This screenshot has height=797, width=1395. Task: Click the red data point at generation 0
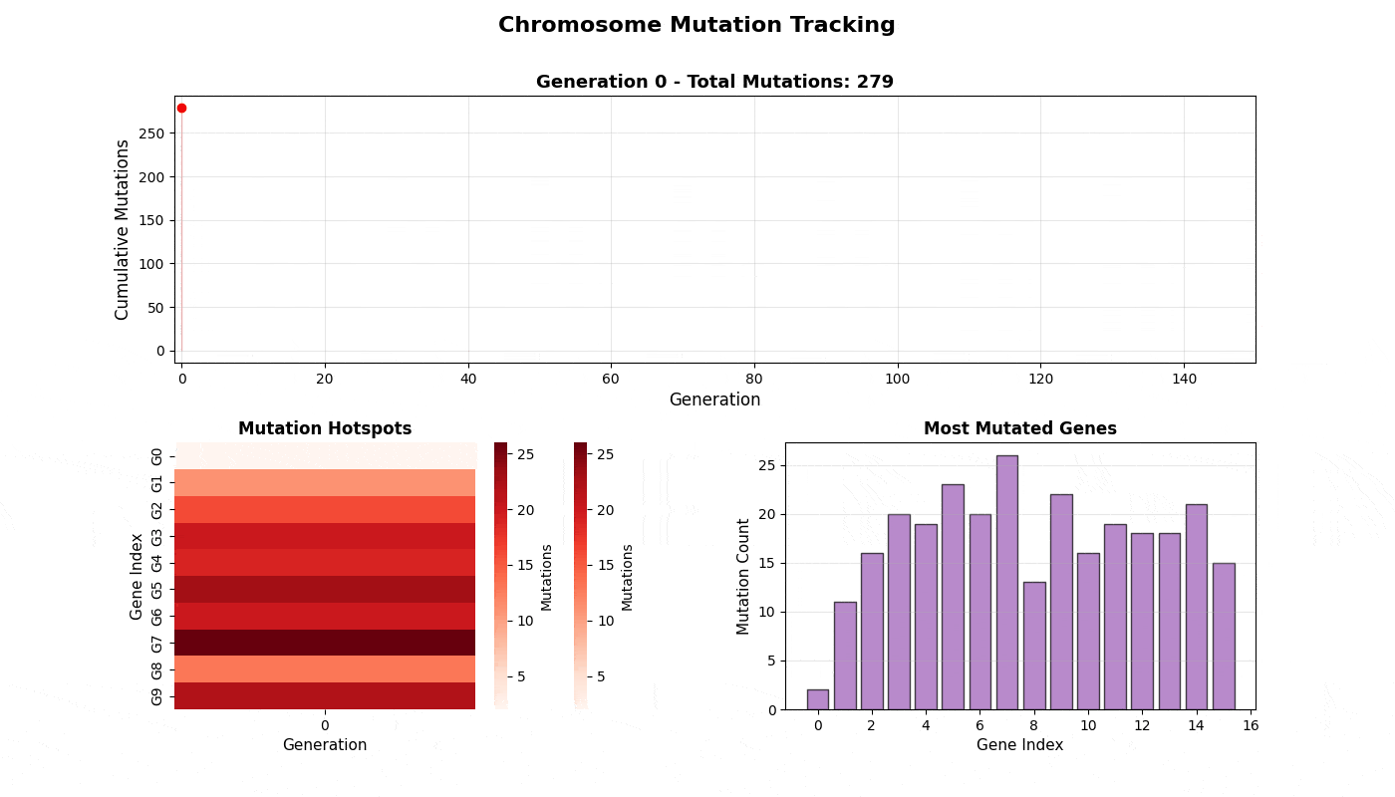click(x=181, y=109)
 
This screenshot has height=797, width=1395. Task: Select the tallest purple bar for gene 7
click(x=1007, y=582)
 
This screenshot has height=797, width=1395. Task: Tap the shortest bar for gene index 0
click(x=818, y=699)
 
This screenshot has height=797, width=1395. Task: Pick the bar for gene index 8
click(x=1034, y=646)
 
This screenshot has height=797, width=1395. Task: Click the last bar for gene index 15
click(x=1224, y=637)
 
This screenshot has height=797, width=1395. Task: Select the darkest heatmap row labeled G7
click(x=325, y=643)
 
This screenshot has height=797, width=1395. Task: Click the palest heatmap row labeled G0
click(x=325, y=456)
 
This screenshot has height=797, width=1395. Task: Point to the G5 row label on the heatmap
click(x=156, y=590)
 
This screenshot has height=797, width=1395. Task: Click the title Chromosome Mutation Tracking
click(x=697, y=25)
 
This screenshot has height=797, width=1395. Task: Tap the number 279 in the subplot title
click(x=875, y=82)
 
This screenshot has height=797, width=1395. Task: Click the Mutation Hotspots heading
click(x=325, y=428)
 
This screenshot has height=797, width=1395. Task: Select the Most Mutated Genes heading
click(x=1020, y=428)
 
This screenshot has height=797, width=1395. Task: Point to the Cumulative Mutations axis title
click(x=122, y=230)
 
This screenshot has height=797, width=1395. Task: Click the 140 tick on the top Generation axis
click(x=1184, y=379)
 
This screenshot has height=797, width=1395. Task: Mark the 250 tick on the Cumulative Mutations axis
click(x=151, y=133)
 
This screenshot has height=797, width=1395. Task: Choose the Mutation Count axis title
click(x=742, y=577)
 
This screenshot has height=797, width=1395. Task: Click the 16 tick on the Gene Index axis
click(x=1251, y=725)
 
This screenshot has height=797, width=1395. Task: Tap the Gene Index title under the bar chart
click(x=1019, y=745)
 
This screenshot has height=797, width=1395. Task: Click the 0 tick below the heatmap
click(x=325, y=725)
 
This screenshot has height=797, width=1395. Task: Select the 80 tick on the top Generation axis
click(x=754, y=379)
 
